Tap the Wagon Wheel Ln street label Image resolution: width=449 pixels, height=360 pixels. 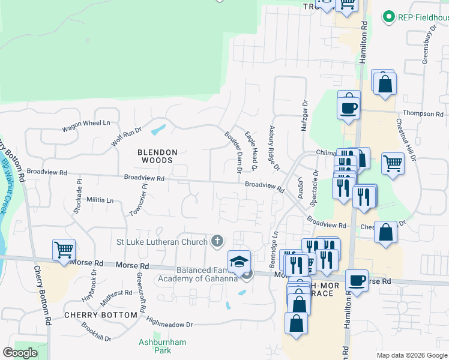[x=86, y=123]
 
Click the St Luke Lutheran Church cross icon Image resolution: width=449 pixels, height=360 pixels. [x=217, y=242]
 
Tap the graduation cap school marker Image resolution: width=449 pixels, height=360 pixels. [x=238, y=261]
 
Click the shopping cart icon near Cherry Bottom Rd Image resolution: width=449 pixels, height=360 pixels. [x=64, y=249]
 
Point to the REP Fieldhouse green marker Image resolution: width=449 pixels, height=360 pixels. [x=388, y=17]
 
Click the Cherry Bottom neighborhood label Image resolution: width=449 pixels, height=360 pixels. [x=100, y=315]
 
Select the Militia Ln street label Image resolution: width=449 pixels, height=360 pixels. [x=100, y=200]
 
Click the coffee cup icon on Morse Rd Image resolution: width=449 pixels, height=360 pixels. [x=357, y=280]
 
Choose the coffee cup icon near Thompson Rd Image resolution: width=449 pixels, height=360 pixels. [x=349, y=108]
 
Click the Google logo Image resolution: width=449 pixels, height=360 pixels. [x=20, y=353]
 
